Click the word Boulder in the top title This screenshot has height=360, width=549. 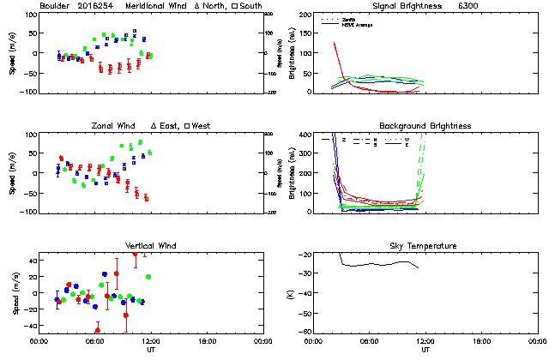tap(54, 6)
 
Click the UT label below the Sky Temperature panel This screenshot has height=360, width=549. tap(425, 349)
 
